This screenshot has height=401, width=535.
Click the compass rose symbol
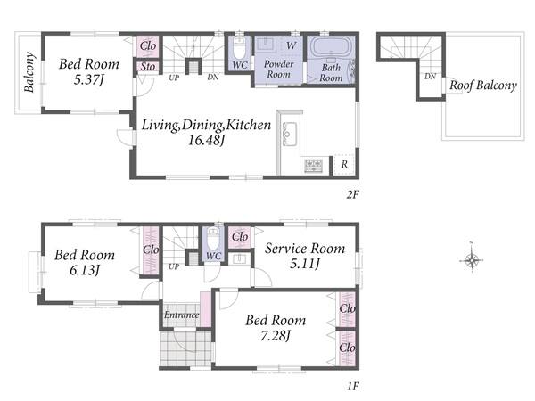pos(472,260)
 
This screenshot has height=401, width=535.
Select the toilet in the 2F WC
pos(239,47)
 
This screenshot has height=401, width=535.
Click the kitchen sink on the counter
pos(289,134)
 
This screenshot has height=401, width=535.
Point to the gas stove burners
pos(313,165)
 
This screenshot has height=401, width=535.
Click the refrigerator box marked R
pos(344,165)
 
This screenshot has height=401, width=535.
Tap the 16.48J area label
pos(206,140)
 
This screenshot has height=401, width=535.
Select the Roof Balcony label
pos(482,86)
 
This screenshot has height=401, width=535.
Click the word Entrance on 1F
pos(181,315)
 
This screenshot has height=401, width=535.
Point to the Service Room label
pos(305,249)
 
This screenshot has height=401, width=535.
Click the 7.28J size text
pos(275,336)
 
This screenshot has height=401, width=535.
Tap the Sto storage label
pos(148,67)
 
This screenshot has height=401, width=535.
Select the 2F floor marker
pos(353,194)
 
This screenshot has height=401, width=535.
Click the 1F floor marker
pos(353,387)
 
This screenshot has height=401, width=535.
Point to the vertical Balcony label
pos(29,72)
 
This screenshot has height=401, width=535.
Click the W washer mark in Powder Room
pos(291,45)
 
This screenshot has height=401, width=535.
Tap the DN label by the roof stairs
pos(431,77)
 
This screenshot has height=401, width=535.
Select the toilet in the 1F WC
pos(213,239)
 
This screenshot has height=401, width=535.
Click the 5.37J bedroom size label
pos(88,80)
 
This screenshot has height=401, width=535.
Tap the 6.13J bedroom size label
pos(85,270)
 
